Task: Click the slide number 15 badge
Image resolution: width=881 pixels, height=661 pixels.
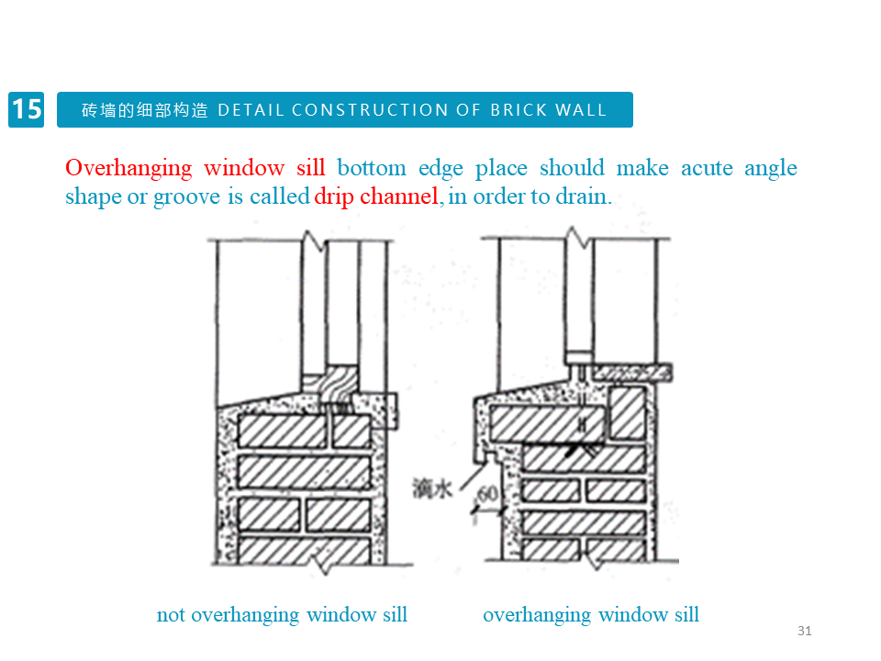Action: (27, 109)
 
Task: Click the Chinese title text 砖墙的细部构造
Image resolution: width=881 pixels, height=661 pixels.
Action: (145, 110)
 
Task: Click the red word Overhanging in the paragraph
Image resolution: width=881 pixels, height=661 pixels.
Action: (128, 168)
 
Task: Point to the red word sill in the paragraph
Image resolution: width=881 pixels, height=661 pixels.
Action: (310, 168)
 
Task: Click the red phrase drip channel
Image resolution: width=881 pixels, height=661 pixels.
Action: (376, 196)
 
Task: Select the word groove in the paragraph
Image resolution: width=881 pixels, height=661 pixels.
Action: (186, 196)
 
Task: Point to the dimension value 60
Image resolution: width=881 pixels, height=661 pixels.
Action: (488, 495)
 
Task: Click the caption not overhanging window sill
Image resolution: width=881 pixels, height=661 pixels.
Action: (282, 614)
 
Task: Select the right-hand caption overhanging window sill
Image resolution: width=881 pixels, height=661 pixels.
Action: (591, 614)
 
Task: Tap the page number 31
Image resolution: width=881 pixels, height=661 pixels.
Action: (805, 631)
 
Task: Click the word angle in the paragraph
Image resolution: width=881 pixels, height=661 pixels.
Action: (770, 168)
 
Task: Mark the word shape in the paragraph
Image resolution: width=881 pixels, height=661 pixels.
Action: (93, 196)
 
